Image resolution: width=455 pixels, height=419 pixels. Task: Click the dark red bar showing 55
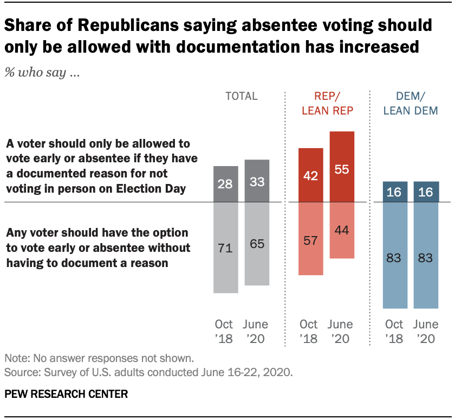point(341,167)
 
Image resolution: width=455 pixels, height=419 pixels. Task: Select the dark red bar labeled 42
point(310,175)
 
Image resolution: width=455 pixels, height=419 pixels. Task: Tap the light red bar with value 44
point(341,230)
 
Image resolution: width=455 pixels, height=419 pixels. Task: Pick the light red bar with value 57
point(310,238)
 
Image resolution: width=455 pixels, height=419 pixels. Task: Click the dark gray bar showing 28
point(225,184)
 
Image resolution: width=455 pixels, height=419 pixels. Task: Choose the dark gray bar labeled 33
point(257,181)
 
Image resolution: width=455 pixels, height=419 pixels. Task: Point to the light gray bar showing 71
point(225,247)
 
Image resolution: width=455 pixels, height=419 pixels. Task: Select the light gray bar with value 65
point(257,244)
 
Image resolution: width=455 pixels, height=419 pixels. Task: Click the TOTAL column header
point(241,97)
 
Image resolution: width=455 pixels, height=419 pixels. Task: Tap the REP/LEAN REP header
point(326,104)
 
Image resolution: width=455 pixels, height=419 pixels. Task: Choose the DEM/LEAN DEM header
point(411,104)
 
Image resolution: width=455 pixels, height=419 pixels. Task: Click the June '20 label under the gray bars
point(256,332)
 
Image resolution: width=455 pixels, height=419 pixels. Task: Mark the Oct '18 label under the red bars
point(309,332)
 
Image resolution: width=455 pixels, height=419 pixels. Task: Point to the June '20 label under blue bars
point(426,332)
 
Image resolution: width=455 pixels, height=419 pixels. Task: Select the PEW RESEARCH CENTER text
point(66,394)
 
